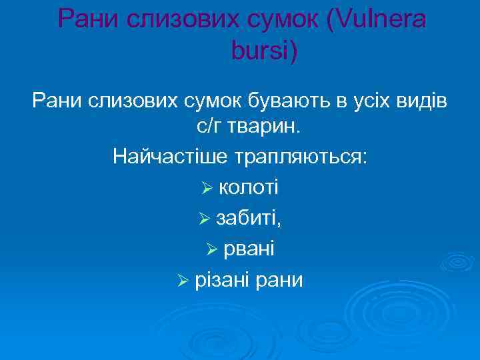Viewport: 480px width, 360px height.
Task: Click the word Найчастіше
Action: [x=169, y=157]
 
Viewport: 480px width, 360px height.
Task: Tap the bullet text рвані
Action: [x=249, y=249]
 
